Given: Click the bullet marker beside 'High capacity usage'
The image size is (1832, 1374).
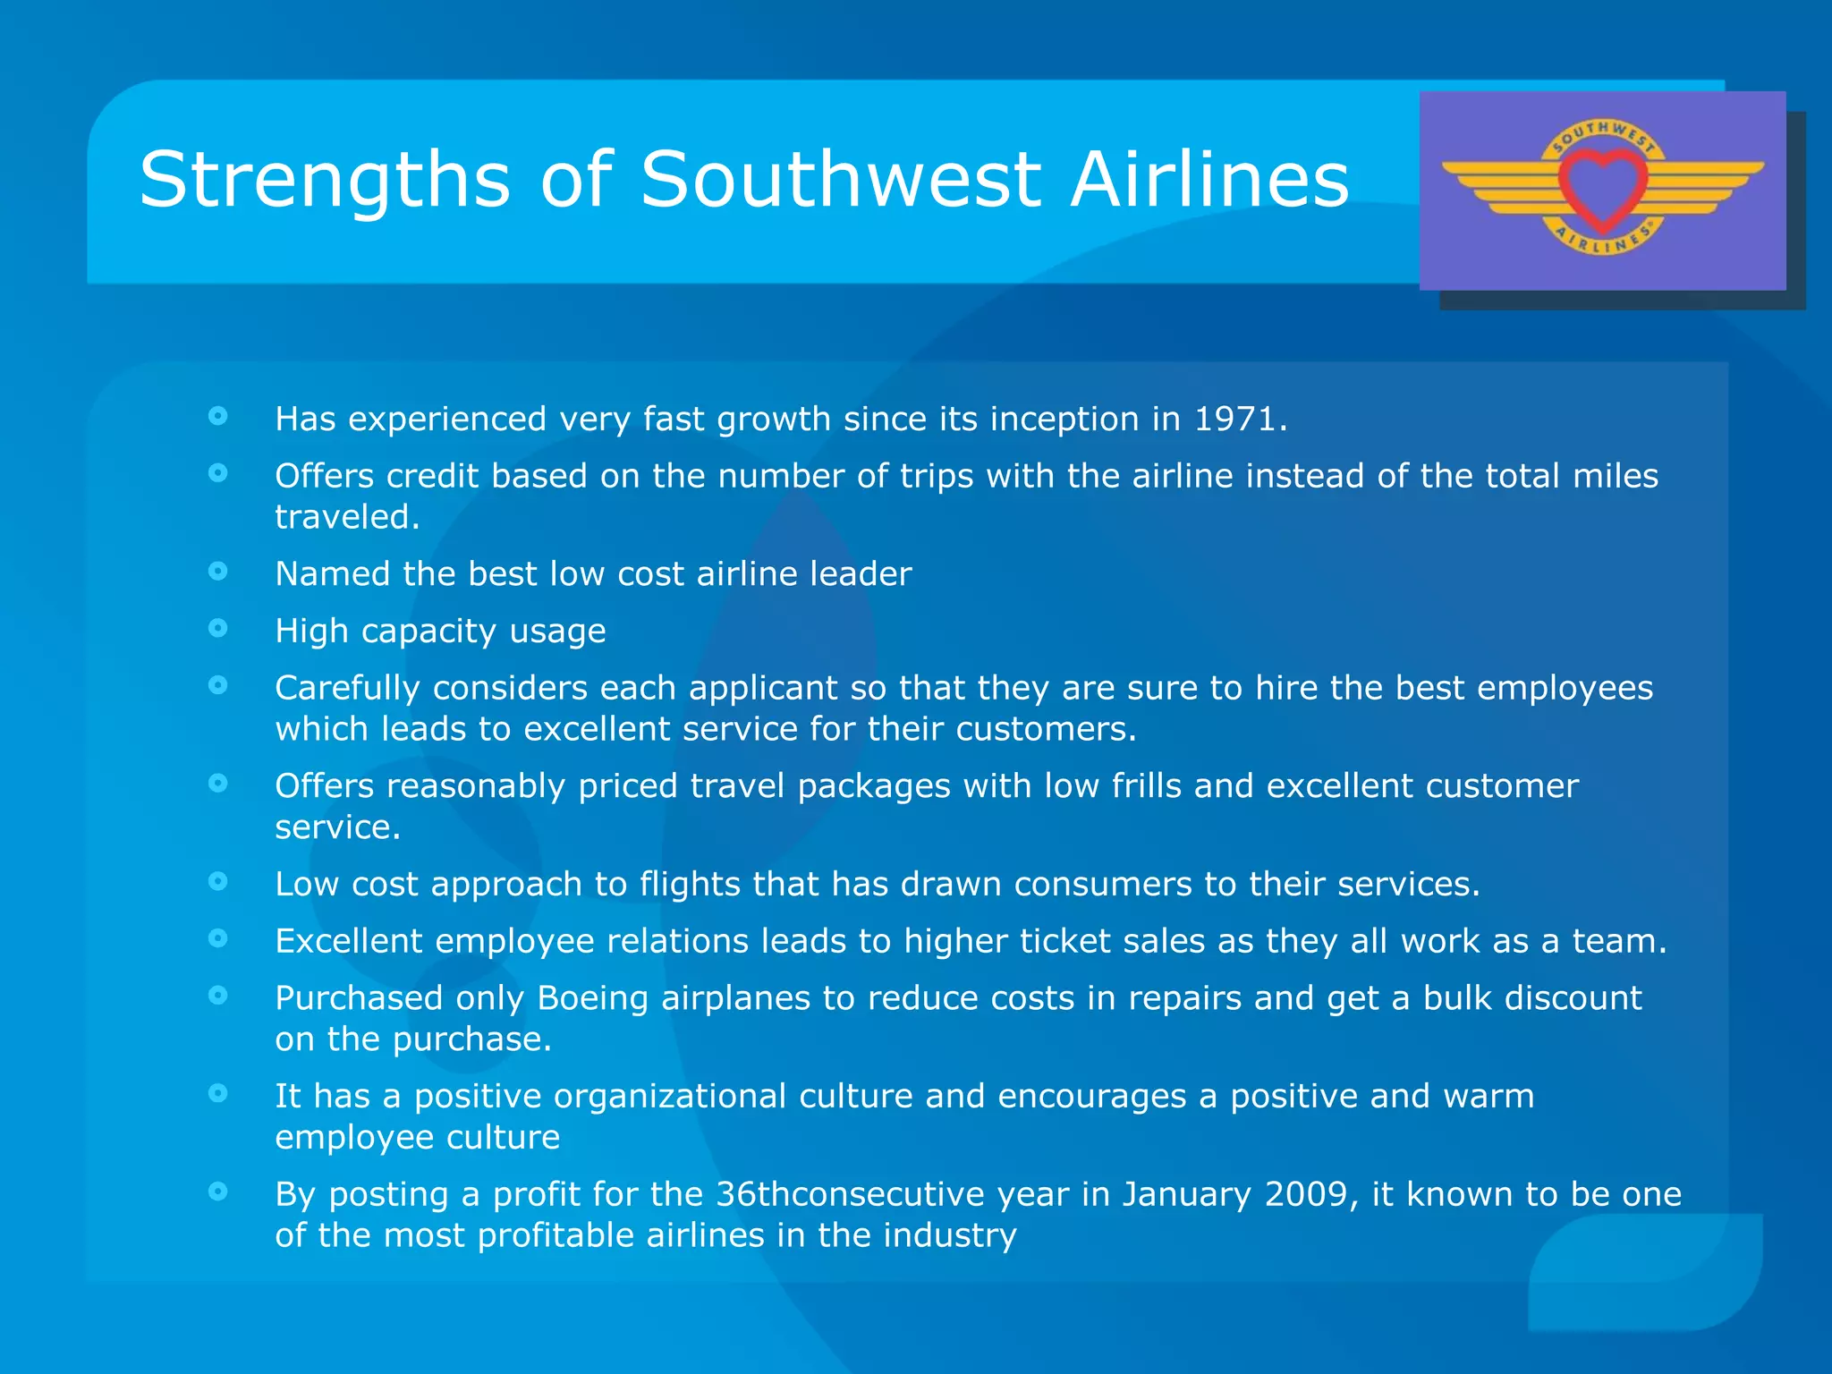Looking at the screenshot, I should tap(217, 628).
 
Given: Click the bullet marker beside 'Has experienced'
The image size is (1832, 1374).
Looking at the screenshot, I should tap(217, 416).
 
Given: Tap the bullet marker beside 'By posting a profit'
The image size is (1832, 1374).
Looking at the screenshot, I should tap(217, 1191).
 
